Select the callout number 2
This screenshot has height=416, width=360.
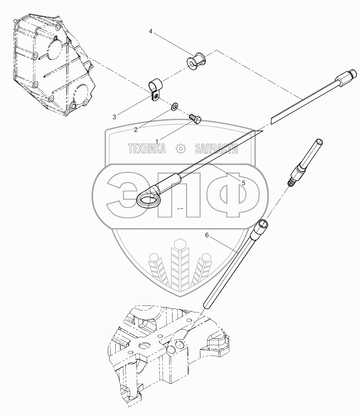point(136,130)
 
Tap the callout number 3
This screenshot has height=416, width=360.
point(114,117)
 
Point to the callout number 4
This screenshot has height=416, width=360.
point(151,31)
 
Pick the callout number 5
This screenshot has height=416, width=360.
point(244,183)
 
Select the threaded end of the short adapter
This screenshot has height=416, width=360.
point(292,181)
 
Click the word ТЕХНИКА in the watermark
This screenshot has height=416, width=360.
point(146,149)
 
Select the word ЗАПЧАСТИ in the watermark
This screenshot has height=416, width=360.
point(216,149)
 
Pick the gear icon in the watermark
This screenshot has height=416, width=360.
point(181,149)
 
